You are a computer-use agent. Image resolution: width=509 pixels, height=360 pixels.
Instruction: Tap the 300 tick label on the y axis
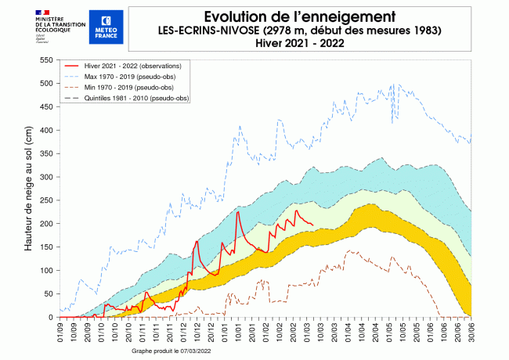pos(45,177)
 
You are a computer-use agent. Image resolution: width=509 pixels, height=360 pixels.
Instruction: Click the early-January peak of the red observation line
pos(238,212)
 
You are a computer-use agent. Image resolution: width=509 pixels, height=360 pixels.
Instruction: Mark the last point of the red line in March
pos(313,225)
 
